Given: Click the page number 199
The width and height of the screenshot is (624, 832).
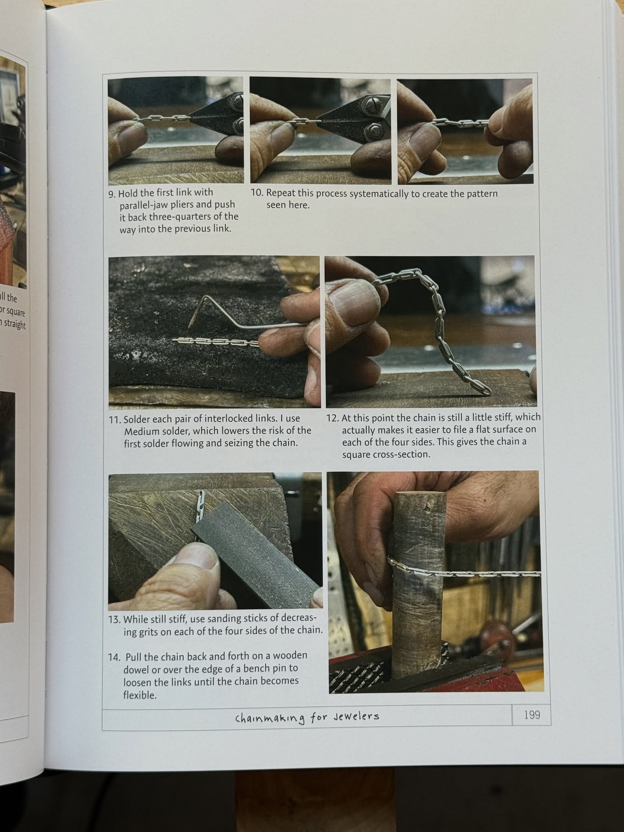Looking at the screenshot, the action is (532, 715).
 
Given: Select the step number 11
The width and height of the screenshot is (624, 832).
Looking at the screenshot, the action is (115, 419).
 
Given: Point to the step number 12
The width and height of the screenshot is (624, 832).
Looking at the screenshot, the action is (332, 419).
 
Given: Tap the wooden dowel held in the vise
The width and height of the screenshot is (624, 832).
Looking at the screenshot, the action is (419, 585).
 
